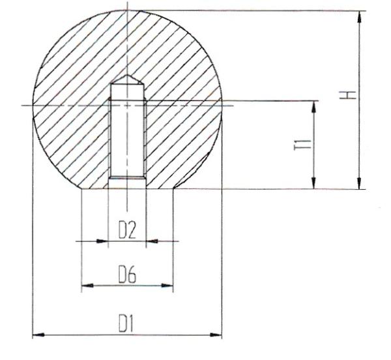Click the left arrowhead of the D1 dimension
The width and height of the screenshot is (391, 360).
pyautogui.click(x=38, y=335)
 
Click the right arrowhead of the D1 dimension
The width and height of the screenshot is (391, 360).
pyautogui.click(x=216, y=335)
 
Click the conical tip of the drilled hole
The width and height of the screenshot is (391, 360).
pyautogui.click(x=126, y=79)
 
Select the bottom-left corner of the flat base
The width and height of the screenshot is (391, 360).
pyautogui.click(x=81, y=189)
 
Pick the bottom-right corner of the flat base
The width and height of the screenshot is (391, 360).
pyautogui.click(x=173, y=189)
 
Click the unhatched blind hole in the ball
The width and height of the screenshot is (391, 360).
pyautogui.click(x=126, y=137)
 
